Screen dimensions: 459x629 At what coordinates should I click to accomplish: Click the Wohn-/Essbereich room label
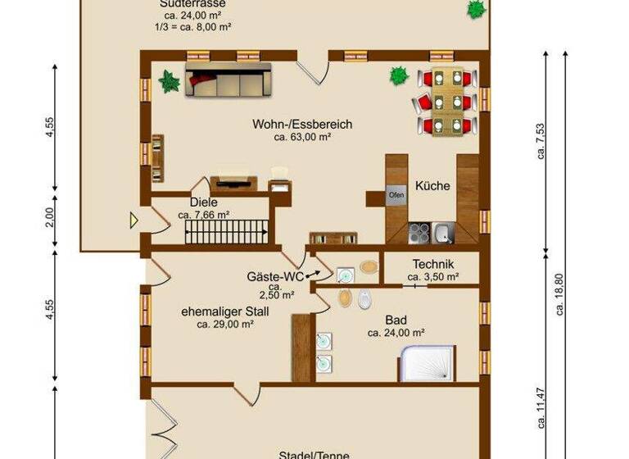302,125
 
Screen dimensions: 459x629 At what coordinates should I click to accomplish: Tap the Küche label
432,186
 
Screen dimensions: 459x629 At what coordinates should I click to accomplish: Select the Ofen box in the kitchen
396,196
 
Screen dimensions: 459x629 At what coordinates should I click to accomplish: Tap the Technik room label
433,265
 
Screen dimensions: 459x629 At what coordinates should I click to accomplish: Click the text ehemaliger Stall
225,311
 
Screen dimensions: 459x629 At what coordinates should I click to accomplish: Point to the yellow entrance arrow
133,220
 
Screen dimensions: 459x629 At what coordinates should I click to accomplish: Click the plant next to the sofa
170,81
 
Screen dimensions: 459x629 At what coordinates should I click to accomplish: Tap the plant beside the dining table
399,76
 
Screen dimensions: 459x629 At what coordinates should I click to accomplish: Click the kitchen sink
443,234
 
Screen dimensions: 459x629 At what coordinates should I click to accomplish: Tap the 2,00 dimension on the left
50,217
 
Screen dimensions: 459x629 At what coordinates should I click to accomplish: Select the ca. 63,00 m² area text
302,138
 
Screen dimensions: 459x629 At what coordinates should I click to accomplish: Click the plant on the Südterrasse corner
475,10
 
